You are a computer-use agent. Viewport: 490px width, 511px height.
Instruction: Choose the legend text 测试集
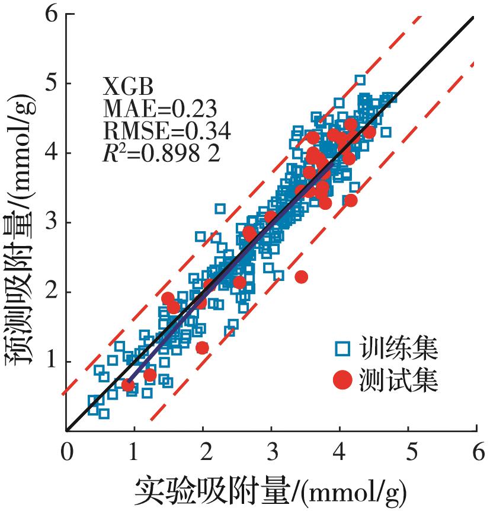click(398, 381)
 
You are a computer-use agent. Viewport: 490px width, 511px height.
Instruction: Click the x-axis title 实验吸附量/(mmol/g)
click(270, 490)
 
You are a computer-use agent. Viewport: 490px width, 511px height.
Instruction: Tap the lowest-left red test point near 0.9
click(128, 385)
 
